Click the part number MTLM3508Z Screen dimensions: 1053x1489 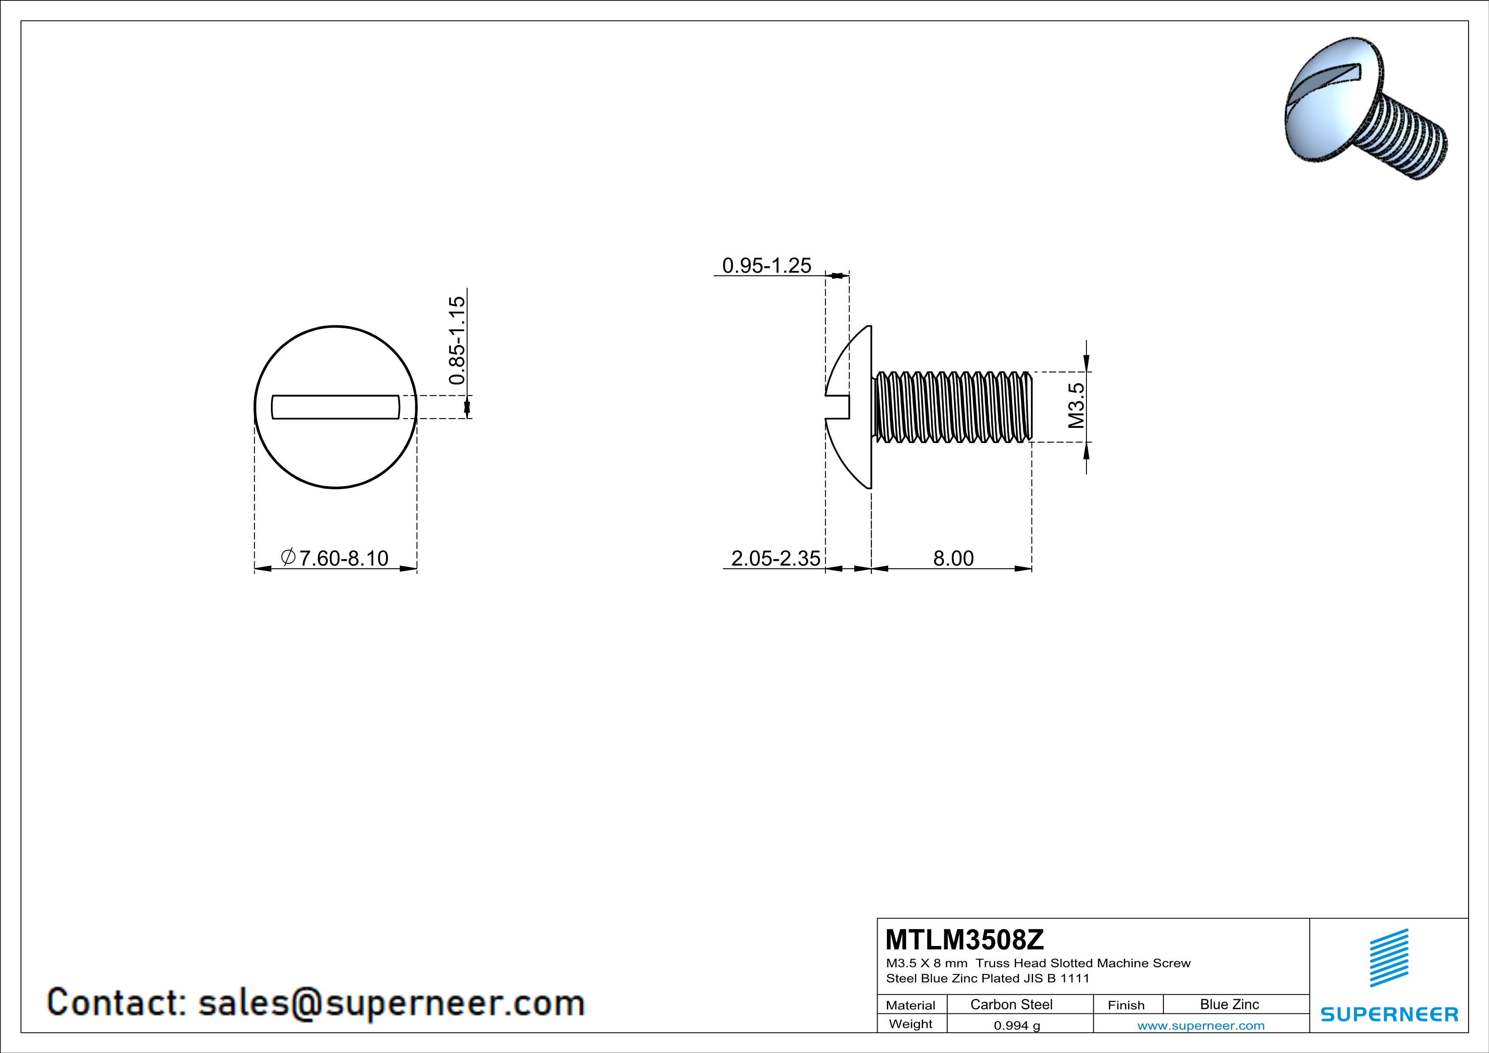click(964, 940)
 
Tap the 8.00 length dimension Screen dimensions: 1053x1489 click(953, 558)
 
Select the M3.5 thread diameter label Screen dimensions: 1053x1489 click(1076, 406)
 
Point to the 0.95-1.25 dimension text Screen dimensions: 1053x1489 click(766, 265)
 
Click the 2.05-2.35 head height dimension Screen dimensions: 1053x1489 click(775, 558)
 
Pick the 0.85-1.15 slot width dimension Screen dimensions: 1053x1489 click(457, 341)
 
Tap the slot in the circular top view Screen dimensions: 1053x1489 click(335, 407)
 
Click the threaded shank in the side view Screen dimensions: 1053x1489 click(952, 407)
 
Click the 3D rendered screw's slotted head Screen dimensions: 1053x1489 click(1329, 104)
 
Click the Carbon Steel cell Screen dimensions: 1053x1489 click(1010, 1004)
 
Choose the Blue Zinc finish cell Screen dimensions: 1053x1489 click(1229, 1004)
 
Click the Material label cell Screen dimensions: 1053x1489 click(911, 1005)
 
